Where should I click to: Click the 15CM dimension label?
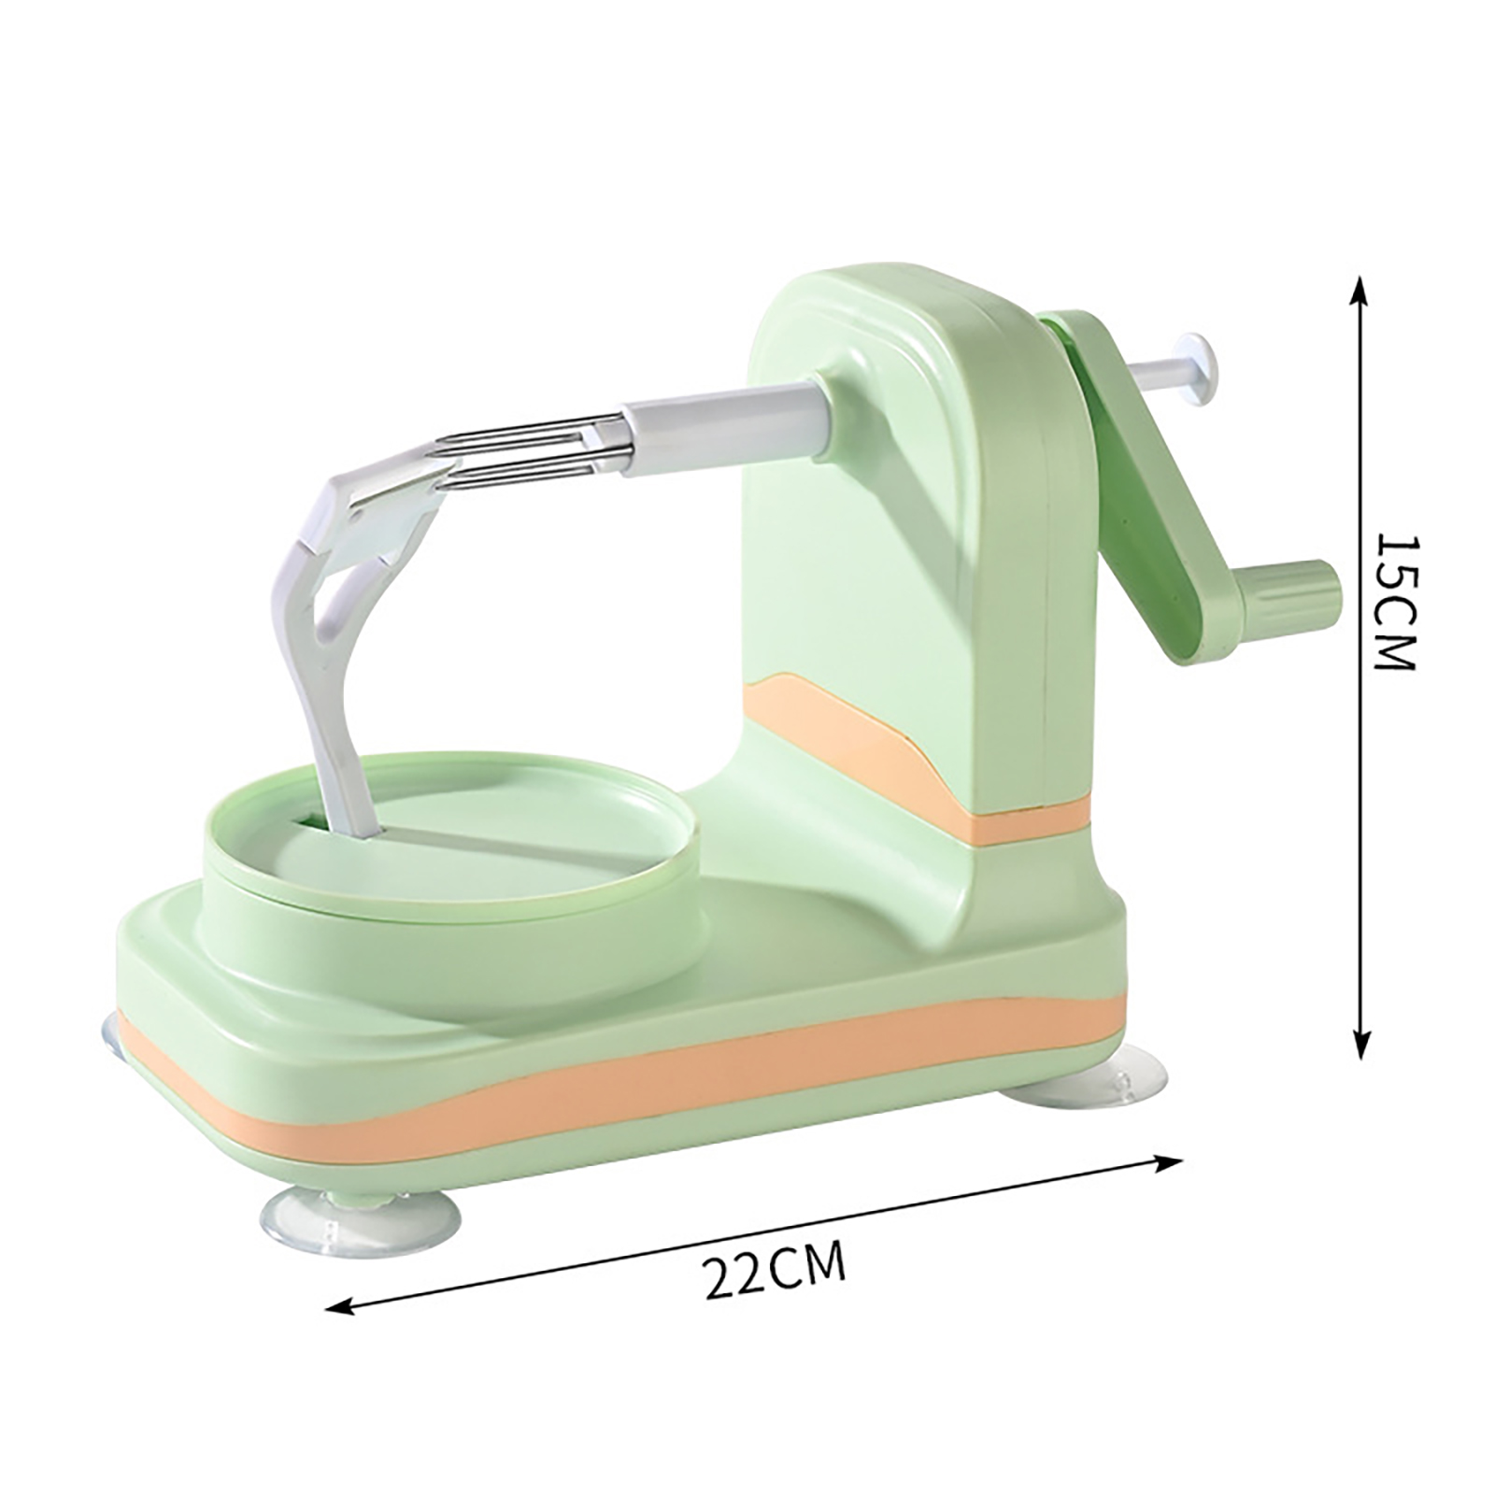pos(1397,602)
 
